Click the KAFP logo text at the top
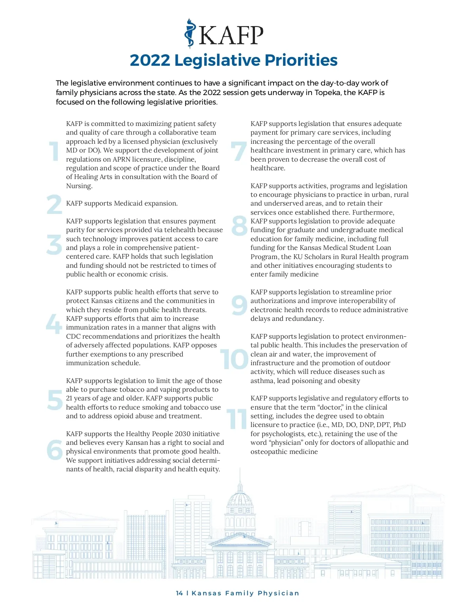click(231, 36)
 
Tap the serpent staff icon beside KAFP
click(190, 34)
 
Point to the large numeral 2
click(54, 204)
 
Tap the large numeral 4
click(54, 324)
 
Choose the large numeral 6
click(54, 450)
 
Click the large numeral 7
click(239, 151)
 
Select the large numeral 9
click(239, 306)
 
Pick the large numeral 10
click(234, 359)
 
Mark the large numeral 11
click(237, 419)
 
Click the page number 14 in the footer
click(179, 593)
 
